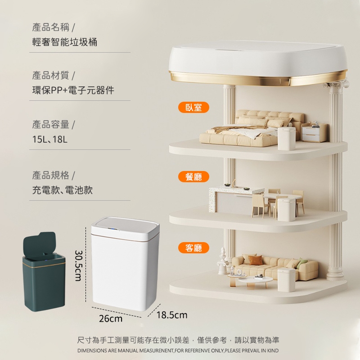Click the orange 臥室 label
click(x=193, y=107)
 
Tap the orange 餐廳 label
click(x=193, y=176)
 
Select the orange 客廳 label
click(x=193, y=248)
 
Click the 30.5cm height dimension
click(x=78, y=265)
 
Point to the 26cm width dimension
click(x=111, y=319)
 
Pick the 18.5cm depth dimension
click(x=172, y=315)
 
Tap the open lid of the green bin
click(x=40, y=244)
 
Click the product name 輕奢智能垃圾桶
click(x=64, y=42)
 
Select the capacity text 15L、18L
click(x=50, y=139)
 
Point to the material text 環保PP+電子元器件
click(x=73, y=90)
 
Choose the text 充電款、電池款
click(x=62, y=190)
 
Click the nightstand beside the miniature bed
click(x=314, y=132)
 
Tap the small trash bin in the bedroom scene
click(x=287, y=139)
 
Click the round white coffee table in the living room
click(x=255, y=282)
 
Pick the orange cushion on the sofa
click(x=256, y=260)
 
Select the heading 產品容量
click(x=50, y=125)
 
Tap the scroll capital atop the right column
click(x=336, y=85)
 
